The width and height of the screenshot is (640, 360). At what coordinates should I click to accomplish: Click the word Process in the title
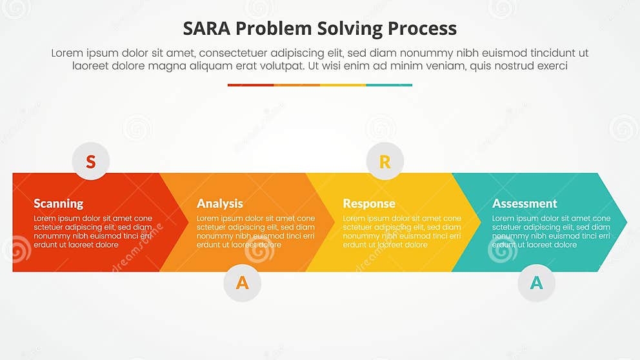click(422, 28)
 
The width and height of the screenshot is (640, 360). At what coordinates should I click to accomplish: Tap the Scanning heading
click(58, 203)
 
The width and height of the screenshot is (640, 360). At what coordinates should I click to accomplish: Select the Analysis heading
click(219, 203)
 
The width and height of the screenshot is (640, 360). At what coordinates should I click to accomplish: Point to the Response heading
click(368, 203)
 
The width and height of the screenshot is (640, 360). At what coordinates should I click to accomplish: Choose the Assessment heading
click(524, 203)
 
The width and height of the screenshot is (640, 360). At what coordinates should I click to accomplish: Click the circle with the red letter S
click(91, 161)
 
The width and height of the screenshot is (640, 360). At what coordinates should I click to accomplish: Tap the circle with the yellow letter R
click(385, 161)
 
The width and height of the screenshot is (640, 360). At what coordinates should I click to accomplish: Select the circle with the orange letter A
click(242, 283)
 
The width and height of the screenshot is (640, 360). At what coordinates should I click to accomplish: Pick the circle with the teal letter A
click(536, 283)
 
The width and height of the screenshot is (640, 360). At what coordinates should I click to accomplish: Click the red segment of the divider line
click(250, 85)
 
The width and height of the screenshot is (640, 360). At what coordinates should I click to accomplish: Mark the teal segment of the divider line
click(389, 85)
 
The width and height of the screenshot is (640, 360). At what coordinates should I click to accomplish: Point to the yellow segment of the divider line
click(343, 85)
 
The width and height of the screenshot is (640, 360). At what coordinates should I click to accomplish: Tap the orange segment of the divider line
click(297, 85)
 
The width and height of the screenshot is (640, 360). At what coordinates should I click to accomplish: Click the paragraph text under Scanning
click(92, 232)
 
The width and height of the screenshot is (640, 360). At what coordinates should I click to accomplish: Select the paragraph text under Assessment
click(550, 232)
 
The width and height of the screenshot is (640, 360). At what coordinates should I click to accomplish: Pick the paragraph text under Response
click(401, 232)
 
